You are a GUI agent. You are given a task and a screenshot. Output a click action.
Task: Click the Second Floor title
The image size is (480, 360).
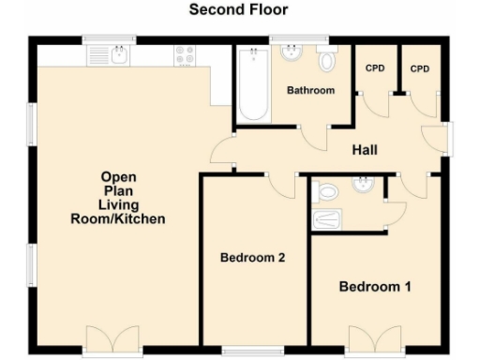[x=238, y=10]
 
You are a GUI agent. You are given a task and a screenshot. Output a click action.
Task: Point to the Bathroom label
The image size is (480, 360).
[x=310, y=91]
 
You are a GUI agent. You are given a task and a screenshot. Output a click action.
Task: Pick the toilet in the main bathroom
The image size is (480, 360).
[x=326, y=61]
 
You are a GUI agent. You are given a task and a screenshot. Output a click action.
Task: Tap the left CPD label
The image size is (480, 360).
[x=374, y=69]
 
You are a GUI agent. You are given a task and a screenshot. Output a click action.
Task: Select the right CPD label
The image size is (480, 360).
[x=420, y=69]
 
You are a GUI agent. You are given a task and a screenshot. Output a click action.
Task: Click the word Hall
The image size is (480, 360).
[x=365, y=150]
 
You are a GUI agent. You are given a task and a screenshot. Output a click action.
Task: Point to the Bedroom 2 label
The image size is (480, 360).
[x=252, y=258]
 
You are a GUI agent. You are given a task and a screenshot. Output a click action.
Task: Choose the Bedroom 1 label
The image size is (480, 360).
[x=374, y=286]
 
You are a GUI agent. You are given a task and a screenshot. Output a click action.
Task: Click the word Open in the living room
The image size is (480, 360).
[x=119, y=176]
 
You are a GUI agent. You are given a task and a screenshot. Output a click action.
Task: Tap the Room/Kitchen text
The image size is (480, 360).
[x=118, y=219]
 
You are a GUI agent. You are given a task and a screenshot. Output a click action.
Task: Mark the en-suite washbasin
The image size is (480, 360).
[x=361, y=184]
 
